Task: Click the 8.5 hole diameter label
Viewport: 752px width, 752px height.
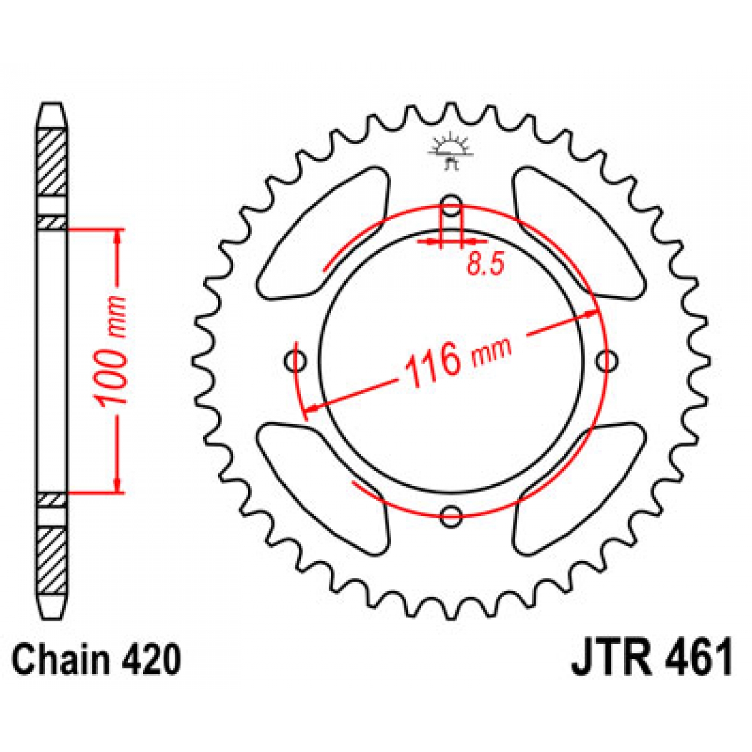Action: click(485, 264)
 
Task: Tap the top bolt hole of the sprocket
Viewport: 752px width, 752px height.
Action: click(451, 207)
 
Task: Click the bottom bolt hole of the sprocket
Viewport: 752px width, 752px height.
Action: click(451, 517)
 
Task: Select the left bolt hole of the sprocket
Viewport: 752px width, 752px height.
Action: click(296, 362)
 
